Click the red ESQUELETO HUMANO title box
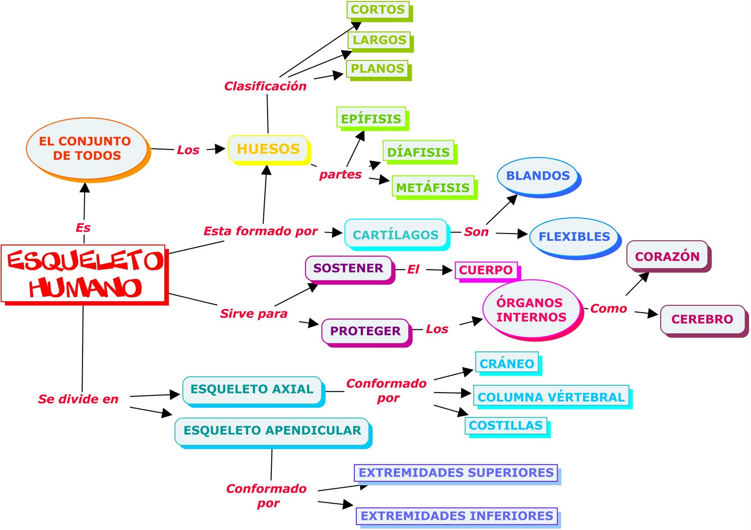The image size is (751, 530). pyautogui.click(x=84, y=274)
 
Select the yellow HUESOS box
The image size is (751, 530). pyautogui.click(x=268, y=149)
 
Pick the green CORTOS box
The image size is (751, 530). pyautogui.click(x=378, y=10)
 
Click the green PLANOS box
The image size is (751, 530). pyautogui.click(x=377, y=68)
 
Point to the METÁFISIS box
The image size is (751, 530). pyautogui.click(x=433, y=187)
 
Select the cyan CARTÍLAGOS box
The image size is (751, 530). pyautogui.click(x=396, y=234)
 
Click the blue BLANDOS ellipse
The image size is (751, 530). pyautogui.click(x=538, y=176)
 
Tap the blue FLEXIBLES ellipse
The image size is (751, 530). pyautogui.click(x=574, y=236)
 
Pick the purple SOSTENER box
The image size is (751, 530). pyautogui.click(x=348, y=268)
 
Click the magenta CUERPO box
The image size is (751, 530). pyautogui.click(x=486, y=270)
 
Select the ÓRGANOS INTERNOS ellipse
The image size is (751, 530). pyautogui.click(x=531, y=310)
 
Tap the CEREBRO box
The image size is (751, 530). pyautogui.click(x=702, y=319)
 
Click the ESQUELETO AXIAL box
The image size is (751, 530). pyautogui.click(x=252, y=389)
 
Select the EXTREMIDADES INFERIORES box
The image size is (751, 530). pyautogui.click(x=457, y=516)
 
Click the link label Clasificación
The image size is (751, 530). pyautogui.click(x=265, y=86)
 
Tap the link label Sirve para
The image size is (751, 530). pyautogui.click(x=253, y=313)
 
